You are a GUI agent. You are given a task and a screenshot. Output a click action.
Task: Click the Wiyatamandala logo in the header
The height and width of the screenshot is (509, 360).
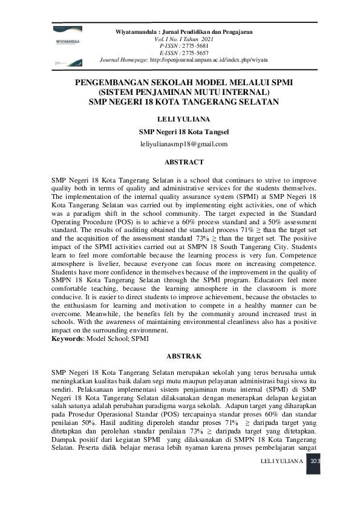[67, 43]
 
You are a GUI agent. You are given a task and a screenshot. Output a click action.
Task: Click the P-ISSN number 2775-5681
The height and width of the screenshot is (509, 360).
[194, 45]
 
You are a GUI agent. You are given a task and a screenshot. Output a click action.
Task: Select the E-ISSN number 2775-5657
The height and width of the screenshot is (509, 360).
[194, 53]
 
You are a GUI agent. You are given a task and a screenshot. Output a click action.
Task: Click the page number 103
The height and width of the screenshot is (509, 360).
[314, 461]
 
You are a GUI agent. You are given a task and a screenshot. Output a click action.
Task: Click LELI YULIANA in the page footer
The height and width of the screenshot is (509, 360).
[280, 461]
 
